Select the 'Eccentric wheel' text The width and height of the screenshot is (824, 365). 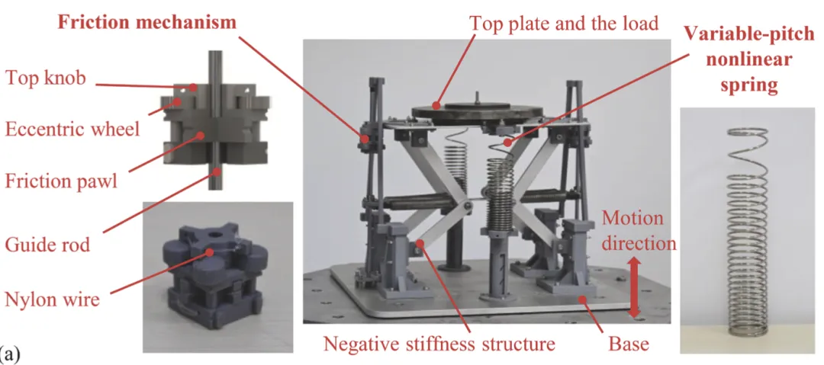click(72, 129)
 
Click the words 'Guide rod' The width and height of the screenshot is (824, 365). click(47, 245)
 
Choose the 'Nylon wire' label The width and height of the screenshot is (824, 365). click(52, 299)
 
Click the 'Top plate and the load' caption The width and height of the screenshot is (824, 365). click(563, 23)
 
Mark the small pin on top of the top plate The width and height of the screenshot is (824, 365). click(477, 97)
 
